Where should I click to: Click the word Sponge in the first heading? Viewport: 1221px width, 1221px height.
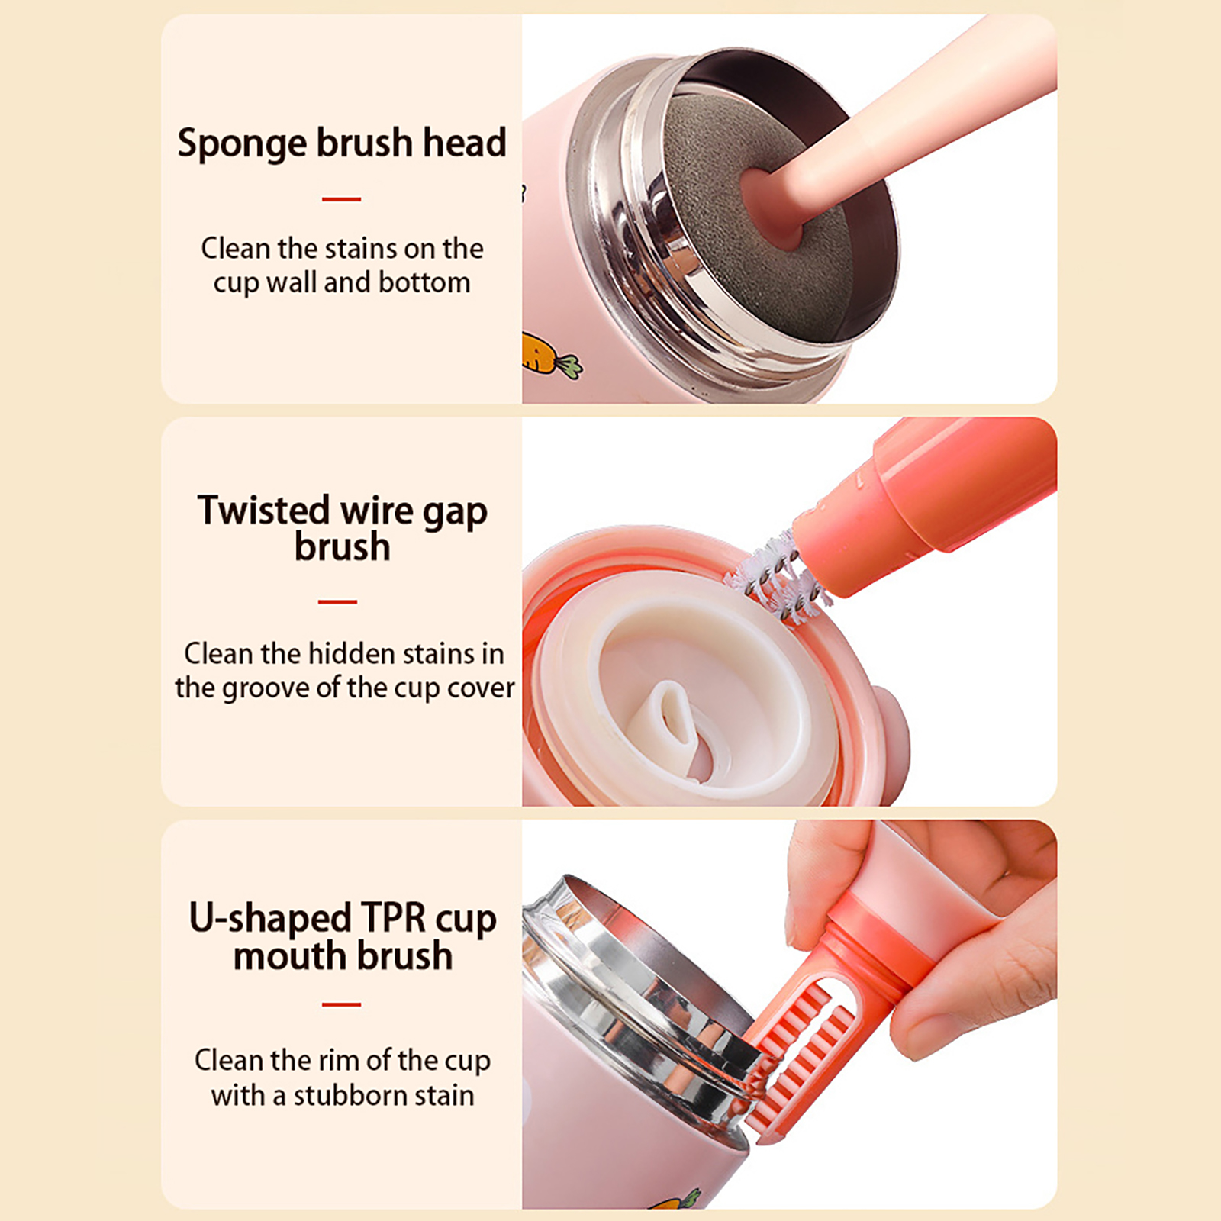[x=242, y=144]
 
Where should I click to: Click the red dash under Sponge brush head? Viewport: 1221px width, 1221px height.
[x=341, y=199]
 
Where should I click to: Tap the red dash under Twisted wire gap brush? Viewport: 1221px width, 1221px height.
[x=337, y=602]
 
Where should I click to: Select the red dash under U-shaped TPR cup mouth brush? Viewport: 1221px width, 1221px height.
[x=341, y=1005]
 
